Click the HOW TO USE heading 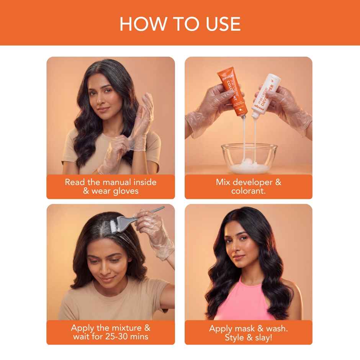click(180, 23)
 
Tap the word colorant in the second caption click(248, 190)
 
